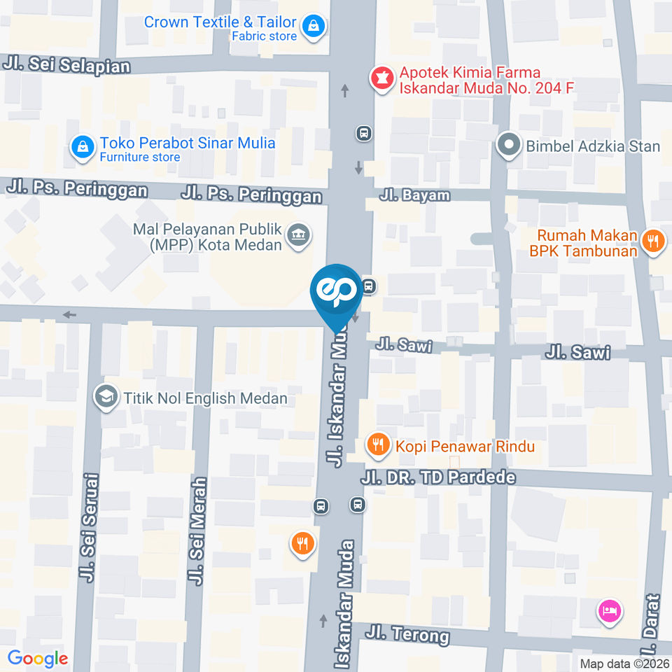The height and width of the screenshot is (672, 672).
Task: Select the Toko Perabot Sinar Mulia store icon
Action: [x=83, y=148]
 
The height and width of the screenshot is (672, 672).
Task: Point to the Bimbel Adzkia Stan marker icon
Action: [x=507, y=146]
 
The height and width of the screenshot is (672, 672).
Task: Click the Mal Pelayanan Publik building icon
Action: [x=299, y=235]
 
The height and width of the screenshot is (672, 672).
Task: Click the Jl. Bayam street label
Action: [x=414, y=195]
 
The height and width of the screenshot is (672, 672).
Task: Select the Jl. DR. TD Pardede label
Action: [x=438, y=478]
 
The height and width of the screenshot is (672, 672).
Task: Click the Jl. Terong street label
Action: [x=407, y=635]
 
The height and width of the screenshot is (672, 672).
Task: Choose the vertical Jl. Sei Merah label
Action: [x=197, y=531]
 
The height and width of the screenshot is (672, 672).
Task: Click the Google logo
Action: [x=37, y=658]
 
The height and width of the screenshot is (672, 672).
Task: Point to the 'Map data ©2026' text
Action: [x=623, y=663]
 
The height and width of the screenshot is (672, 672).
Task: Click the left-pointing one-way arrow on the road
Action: [x=69, y=315]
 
